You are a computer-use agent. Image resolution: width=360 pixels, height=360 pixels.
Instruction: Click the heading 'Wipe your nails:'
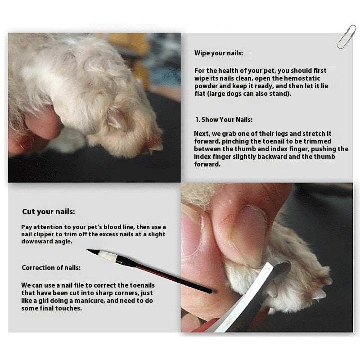pyautogui.click(x=218, y=53)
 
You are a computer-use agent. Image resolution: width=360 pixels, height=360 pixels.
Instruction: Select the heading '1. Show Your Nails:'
pyautogui.click(x=224, y=120)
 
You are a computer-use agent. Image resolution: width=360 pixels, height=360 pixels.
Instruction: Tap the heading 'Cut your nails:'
pyautogui.click(x=49, y=211)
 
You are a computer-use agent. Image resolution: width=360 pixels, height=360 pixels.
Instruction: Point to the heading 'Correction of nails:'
pyautogui.click(x=51, y=268)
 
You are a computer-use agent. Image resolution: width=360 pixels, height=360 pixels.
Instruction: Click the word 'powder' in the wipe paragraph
pyautogui.click(x=205, y=86)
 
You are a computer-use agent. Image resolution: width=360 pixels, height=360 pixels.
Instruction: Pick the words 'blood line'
pyautogui.click(x=111, y=226)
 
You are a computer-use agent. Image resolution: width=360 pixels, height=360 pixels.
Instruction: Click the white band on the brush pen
pyautogui.click(x=108, y=256)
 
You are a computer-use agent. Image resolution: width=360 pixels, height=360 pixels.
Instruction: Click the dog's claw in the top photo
pyautogui.click(x=156, y=147)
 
